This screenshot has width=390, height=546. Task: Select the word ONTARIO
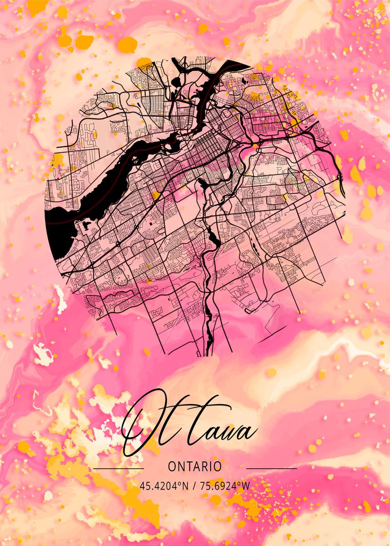click(195, 466)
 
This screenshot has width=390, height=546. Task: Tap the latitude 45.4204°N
click(164, 485)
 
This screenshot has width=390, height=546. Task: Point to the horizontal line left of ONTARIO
click(118, 468)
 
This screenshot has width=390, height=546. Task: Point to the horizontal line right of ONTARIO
click(271, 468)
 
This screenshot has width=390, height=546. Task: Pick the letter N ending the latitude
click(185, 485)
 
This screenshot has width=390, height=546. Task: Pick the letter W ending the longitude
click(246, 485)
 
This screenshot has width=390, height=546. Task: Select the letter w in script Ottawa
click(232, 432)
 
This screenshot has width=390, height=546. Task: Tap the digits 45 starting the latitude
click(144, 485)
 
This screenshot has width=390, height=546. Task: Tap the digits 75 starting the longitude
click(205, 485)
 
